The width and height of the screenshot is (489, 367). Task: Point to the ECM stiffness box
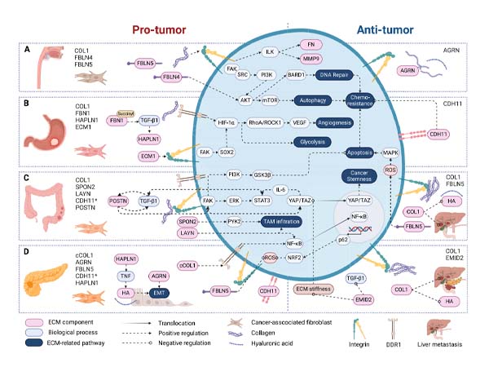(x=313, y=289)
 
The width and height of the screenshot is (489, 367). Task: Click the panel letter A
(x=29, y=48)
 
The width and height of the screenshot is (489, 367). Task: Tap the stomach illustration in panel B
(x=48, y=131)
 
